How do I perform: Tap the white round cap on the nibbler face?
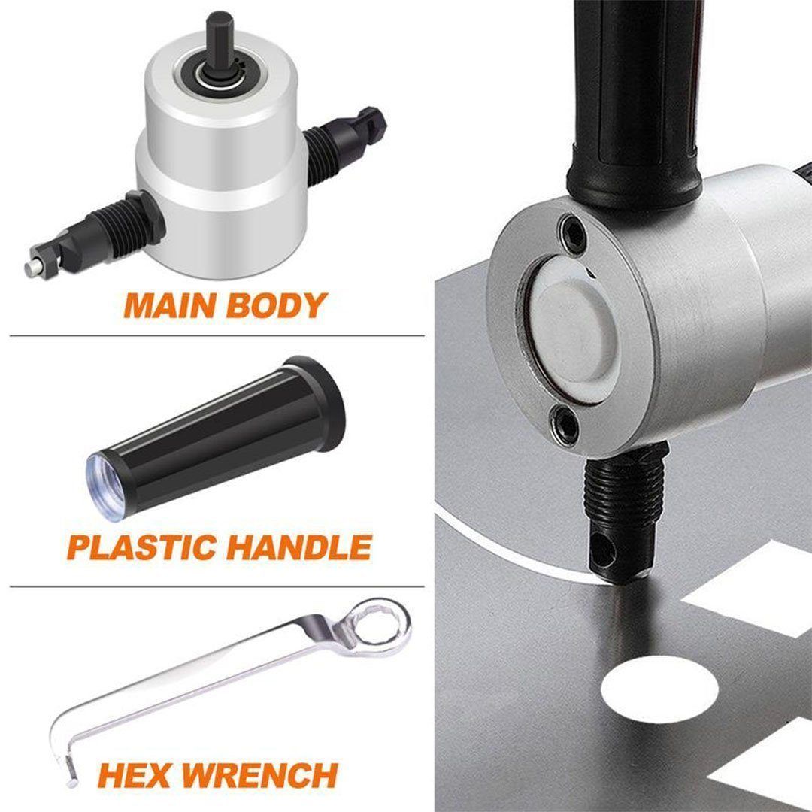571,326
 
